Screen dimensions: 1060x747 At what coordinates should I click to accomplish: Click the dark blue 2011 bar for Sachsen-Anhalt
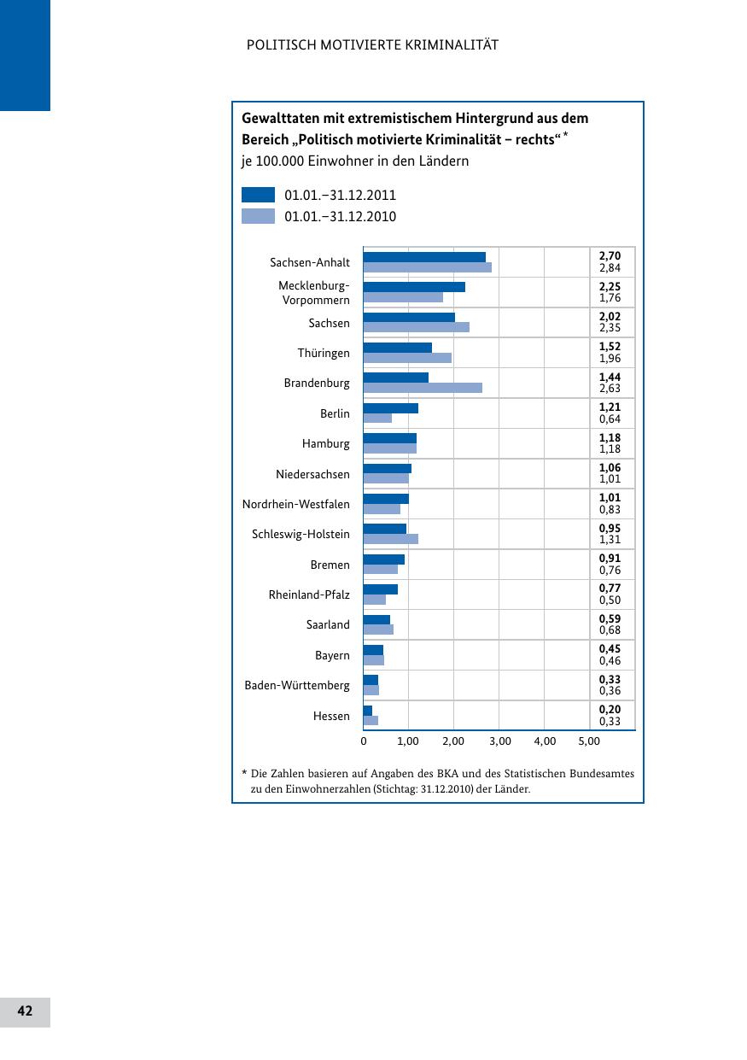424,257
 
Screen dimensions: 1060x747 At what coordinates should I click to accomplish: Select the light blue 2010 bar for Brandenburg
423,388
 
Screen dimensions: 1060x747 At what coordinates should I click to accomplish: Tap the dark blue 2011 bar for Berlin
390,408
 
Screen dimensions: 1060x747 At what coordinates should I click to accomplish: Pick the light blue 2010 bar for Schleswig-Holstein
390,539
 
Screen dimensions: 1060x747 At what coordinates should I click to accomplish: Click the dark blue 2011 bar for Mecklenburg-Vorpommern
414,287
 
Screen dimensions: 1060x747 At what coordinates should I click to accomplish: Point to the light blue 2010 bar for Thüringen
407,358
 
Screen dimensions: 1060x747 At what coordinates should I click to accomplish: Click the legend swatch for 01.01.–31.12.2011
258,195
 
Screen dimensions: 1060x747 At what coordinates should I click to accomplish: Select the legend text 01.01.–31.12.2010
340,217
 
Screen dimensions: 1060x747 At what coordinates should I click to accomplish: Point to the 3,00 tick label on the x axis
499,741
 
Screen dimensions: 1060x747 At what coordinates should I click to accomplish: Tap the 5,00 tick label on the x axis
589,741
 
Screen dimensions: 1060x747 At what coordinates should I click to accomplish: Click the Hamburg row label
325,444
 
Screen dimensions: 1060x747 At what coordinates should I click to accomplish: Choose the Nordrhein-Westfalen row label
295,504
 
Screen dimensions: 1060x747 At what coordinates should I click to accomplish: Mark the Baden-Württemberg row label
297,685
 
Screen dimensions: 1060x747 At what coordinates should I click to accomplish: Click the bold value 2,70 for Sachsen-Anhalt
610,256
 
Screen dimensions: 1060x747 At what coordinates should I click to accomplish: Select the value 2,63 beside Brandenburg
610,389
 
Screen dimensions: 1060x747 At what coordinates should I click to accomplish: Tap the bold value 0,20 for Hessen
610,710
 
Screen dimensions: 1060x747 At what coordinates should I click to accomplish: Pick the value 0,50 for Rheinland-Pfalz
610,600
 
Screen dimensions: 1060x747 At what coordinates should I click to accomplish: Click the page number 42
25,1011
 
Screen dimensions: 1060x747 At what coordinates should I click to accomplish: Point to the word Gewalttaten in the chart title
281,118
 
